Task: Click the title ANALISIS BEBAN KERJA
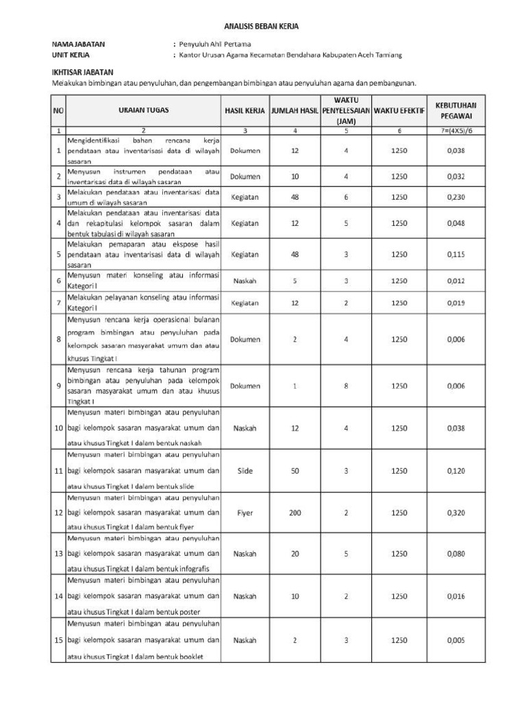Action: (x=262, y=26)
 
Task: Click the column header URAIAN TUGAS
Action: (x=144, y=110)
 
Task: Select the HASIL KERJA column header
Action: (x=245, y=110)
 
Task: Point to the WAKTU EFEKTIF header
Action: (x=399, y=110)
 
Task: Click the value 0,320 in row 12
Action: (x=455, y=513)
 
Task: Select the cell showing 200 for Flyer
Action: (x=295, y=513)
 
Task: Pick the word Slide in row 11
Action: (x=245, y=471)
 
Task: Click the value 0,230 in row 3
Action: (x=455, y=197)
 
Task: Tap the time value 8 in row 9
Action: (x=346, y=386)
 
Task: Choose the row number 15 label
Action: (x=58, y=640)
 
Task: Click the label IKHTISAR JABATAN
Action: (x=83, y=72)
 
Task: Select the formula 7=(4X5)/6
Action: (x=455, y=130)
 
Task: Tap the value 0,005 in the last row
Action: (x=455, y=640)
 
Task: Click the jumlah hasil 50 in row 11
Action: (x=295, y=471)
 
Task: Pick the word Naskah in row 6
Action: (x=245, y=281)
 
